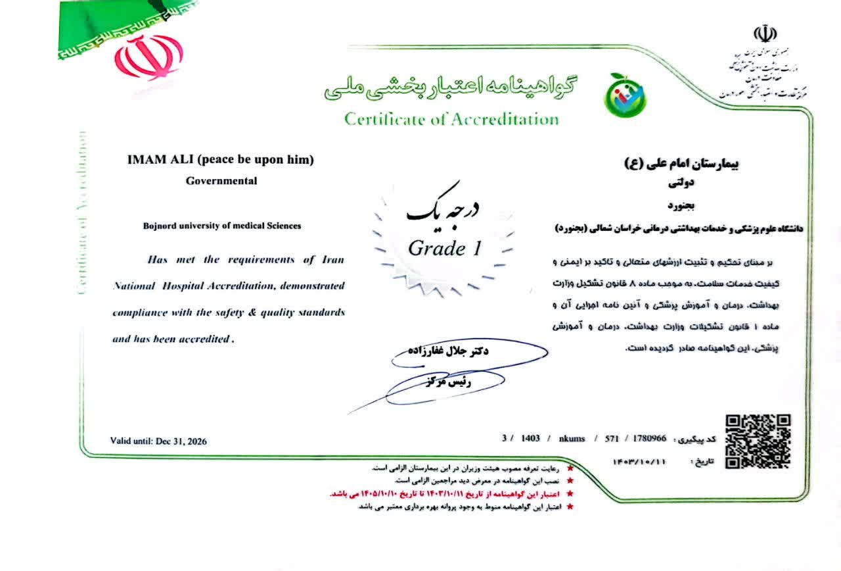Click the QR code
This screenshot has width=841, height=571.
click(757, 441)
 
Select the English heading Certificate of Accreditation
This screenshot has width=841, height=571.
click(451, 119)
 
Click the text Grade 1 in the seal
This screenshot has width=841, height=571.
click(445, 249)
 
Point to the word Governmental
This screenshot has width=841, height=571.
click(221, 181)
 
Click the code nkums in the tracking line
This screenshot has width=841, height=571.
click(572, 438)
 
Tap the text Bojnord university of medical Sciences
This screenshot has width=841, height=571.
click(222, 226)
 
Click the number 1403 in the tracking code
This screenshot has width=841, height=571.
click(530, 438)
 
